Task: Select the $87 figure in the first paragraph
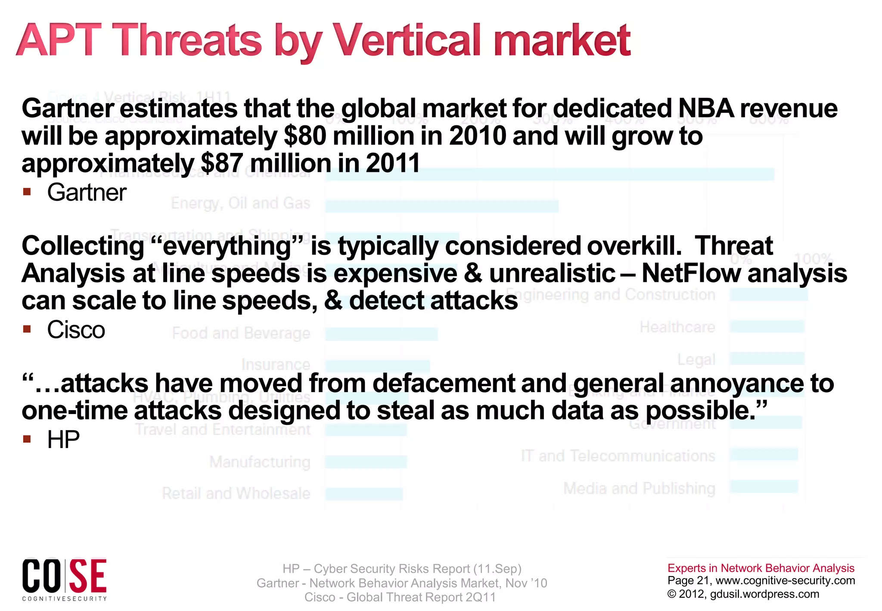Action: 221,164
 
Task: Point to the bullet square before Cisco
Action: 27,330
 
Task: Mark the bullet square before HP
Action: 27,439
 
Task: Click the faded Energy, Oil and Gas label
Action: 240,203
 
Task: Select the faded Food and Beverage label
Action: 241,333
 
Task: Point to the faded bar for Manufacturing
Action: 366,462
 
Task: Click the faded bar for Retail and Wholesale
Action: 364,494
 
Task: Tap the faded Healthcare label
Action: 677,327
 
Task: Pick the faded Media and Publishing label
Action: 639,488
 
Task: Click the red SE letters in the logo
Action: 88,576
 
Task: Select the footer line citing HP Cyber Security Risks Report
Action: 402,569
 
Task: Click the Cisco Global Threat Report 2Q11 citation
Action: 400,597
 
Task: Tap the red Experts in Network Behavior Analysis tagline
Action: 761,568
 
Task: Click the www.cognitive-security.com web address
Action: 785,580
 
